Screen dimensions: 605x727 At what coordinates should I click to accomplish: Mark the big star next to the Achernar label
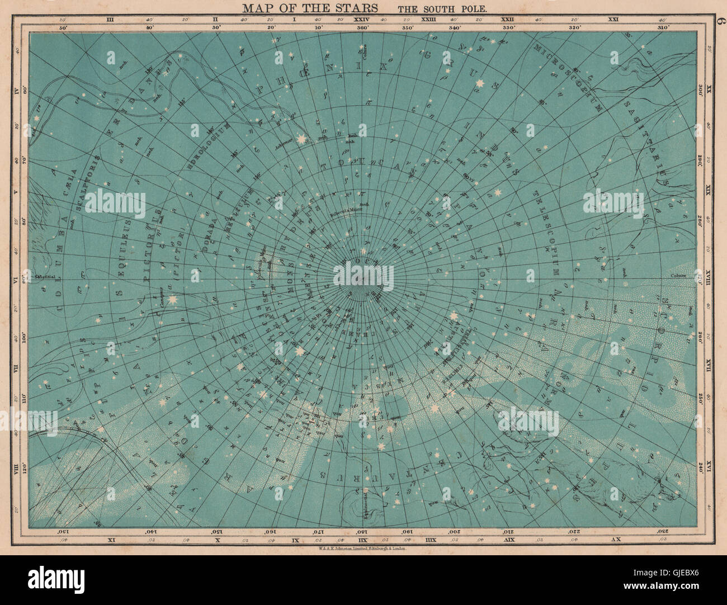pyautogui.click(x=303, y=138)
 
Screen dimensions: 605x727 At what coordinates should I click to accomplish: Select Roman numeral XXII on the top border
pyautogui.click(x=508, y=20)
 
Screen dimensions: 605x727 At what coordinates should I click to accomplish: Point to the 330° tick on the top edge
pyautogui.click(x=508, y=27)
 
